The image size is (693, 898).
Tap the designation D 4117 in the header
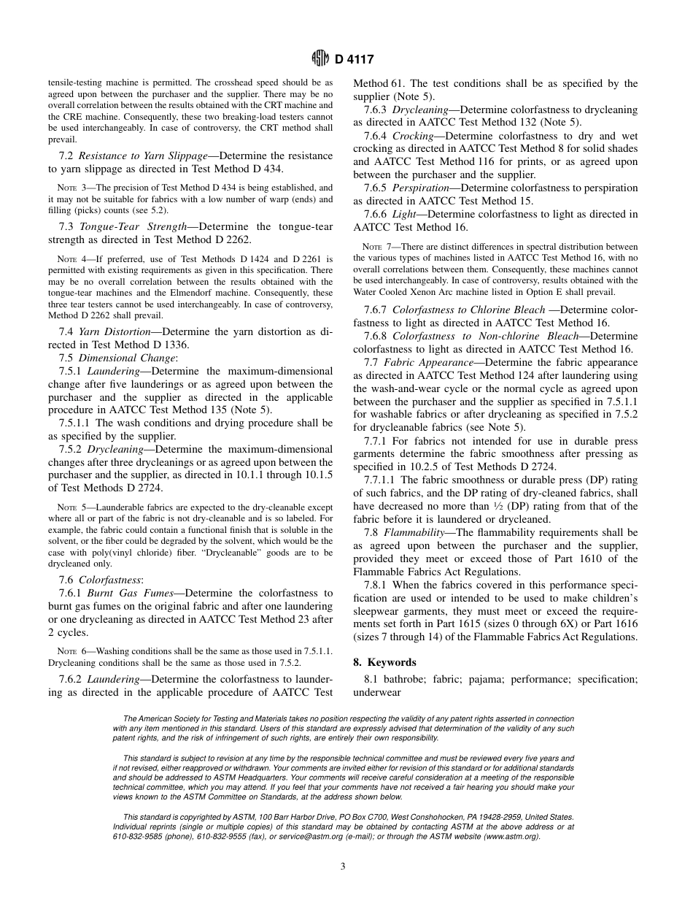click(x=354, y=59)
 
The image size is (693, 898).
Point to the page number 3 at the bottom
click(x=343, y=867)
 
